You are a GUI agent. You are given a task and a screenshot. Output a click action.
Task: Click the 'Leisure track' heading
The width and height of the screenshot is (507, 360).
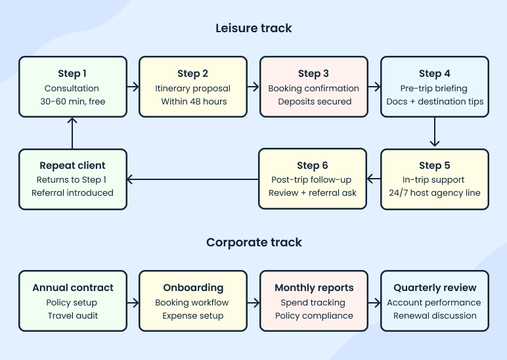pyautogui.click(x=253, y=28)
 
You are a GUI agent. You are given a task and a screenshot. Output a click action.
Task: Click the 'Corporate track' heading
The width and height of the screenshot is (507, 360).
pyautogui.click(x=253, y=242)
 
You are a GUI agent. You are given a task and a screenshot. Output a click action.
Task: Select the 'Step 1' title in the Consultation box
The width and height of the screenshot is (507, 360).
pyautogui.click(x=72, y=74)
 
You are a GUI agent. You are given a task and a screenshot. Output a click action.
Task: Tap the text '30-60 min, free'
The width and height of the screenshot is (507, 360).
pyautogui.click(x=72, y=102)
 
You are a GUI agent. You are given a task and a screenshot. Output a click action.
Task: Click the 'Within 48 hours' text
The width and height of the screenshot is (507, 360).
pyautogui.click(x=193, y=102)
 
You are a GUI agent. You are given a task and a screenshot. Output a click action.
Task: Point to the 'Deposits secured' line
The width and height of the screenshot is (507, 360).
pyautogui.click(x=314, y=102)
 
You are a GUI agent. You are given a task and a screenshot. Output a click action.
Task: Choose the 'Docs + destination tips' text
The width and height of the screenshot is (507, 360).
pyautogui.click(x=435, y=102)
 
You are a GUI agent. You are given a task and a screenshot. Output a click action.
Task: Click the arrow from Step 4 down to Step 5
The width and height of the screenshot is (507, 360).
pyautogui.click(x=435, y=133)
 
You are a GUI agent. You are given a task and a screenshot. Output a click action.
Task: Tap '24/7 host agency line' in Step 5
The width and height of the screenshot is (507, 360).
pyautogui.click(x=435, y=193)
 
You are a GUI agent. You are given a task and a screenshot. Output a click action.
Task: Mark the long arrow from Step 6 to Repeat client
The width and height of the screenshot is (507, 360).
pyautogui.click(x=192, y=179)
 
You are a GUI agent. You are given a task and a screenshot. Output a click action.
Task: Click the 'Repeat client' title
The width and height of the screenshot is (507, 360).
pyautogui.click(x=72, y=166)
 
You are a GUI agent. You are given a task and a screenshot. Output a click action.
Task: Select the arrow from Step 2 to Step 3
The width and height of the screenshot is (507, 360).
pyautogui.click(x=253, y=87)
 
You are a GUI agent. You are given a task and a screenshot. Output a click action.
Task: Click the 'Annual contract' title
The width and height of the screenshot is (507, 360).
pyautogui.click(x=72, y=288)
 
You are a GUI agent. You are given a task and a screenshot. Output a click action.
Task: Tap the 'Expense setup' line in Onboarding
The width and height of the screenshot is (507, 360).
pyautogui.click(x=193, y=316)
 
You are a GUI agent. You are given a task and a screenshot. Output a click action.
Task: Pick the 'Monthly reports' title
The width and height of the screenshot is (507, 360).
pyautogui.click(x=314, y=288)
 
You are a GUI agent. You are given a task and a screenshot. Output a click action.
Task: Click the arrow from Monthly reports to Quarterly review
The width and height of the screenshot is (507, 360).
pyautogui.click(x=374, y=303)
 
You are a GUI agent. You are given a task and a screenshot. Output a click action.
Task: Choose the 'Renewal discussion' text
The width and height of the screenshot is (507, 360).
pyautogui.click(x=435, y=316)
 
